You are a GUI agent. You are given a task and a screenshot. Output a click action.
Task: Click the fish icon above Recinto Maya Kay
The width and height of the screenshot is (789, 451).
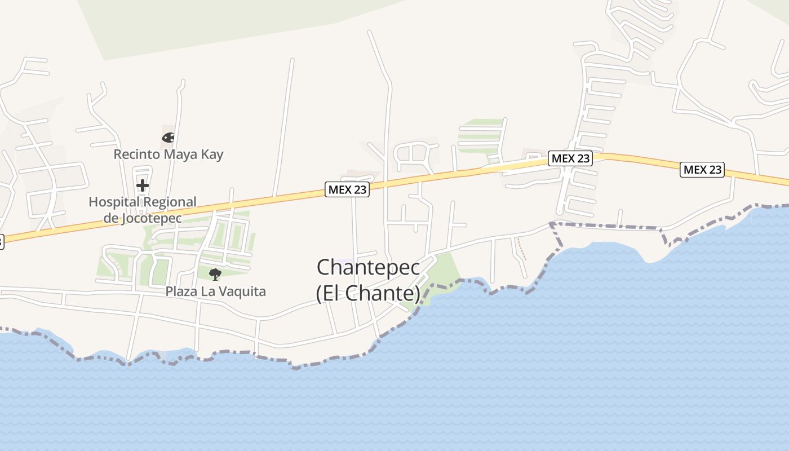point(168,137)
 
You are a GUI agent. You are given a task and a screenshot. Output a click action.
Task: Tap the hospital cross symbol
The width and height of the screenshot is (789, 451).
point(143,185)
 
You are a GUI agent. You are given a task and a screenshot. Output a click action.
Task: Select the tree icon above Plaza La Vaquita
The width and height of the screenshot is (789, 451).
point(215,275)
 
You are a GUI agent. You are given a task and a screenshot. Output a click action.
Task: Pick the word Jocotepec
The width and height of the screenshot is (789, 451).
point(150,218)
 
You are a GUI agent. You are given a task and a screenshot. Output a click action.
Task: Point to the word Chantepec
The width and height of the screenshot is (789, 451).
point(368,267)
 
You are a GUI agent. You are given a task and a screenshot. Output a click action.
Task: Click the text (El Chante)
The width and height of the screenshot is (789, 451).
point(368,293)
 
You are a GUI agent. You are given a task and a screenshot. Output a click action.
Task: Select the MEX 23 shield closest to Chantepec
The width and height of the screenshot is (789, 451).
point(348,189)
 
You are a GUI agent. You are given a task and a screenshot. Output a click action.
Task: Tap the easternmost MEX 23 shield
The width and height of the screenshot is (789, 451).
point(702,169)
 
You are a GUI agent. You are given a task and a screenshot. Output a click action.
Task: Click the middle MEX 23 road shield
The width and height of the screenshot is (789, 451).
point(571,158)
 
